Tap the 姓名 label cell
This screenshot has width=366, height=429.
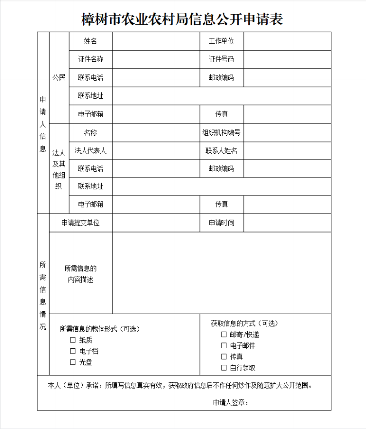pyautogui.click(x=91, y=41)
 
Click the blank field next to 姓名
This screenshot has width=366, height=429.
pyautogui.click(x=156, y=41)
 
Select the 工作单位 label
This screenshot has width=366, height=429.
pyautogui.click(x=221, y=41)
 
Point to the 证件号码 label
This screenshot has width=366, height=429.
pyautogui.click(x=221, y=59)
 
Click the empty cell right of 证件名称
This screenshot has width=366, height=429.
pyautogui.click(x=156, y=59)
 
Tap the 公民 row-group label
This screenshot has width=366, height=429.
pyautogui.click(x=59, y=78)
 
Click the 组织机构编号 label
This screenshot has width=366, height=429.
pyautogui.click(x=221, y=132)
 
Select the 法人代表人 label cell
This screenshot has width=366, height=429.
pyautogui.click(x=91, y=150)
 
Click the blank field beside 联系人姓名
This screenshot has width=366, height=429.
pyautogui.click(x=287, y=150)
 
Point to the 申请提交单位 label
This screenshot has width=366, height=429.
pyautogui.click(x=80, y=223)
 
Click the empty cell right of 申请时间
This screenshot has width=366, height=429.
pyautogui.click(x=287, y=223)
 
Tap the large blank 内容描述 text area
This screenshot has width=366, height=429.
pyautogui.click(x=221, y=272)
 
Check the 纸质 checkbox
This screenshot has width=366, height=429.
pyautogui.click(x=73, y=340)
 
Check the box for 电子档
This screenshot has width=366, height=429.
pyautogui.click(x=73, y=351)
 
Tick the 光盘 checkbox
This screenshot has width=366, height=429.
pyautogui.click(x=73, y=362)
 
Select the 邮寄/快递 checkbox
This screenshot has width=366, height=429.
pyautogui.click(x=224, y=335)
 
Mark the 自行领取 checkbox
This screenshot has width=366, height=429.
pyautogui.click(x=224, y=368)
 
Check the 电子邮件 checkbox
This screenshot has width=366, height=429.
pyautogui.click(x=224, y=346)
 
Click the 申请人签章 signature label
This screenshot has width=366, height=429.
pyautogui.click(x=230, y=402)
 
